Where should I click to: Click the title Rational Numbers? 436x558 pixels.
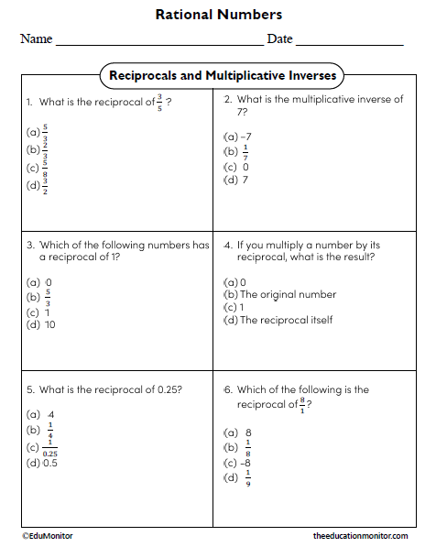pyautogui.click(x=218, y=15)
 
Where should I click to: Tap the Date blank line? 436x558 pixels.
pyautogui.click(x=349, y=43)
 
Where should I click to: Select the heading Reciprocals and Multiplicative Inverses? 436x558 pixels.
pyautogui.click(x=223, y=75)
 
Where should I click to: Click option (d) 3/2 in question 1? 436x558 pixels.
pyautogui.click(x=38, y=186)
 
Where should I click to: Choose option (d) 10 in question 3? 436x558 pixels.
pyautogui.click(x=41, y=324)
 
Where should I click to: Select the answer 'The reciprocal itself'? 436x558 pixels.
pyautogui.click(x=286, y=320)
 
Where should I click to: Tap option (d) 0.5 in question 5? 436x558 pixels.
pyautogui.click(x=42, y=463)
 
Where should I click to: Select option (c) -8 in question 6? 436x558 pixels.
pyautogui.click(x=239, y=463)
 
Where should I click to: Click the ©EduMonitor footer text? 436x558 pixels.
pyautogui.click(x=48, y=536)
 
